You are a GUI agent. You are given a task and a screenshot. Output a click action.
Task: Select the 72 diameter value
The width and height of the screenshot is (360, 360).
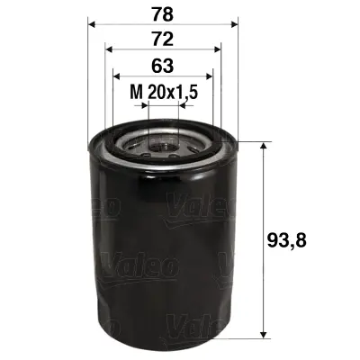(x=162, y=39)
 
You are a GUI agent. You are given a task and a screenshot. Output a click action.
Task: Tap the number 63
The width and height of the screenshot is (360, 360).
(x=162, y=66)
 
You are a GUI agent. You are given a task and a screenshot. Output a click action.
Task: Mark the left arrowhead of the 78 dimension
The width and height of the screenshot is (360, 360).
(x=92, y=25)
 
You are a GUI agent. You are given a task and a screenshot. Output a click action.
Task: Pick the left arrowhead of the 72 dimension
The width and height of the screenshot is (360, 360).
(x=109, y=51)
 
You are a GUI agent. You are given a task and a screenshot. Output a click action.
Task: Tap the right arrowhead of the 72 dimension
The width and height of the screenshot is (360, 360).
(x=217, y=51)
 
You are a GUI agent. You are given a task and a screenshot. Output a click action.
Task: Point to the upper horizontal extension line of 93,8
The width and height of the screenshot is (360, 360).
(x=252, y=141)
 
